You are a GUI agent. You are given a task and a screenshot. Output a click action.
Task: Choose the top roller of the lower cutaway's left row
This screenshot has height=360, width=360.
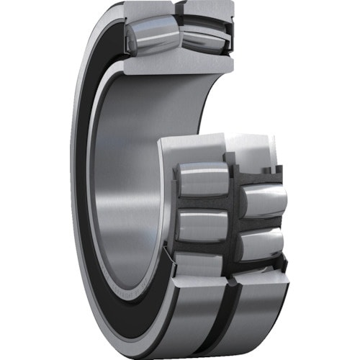point(203,179)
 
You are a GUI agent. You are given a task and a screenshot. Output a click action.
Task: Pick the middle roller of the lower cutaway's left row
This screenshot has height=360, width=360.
point(202,225)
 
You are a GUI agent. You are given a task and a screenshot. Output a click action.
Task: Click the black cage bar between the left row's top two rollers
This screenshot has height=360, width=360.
point(203,202)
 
